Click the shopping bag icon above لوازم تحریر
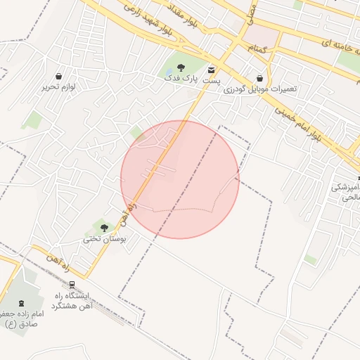pos(58,76)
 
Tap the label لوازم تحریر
pos(58,87)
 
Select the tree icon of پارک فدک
pos(181,68)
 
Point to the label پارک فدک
pos(181,79)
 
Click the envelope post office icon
pos(212,70)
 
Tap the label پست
pos(212,81)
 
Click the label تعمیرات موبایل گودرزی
pos(261,89)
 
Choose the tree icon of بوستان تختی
pos(104,228)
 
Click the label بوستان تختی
pos(103,239)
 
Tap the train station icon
pos(72,285)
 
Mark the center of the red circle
pos(180,179)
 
